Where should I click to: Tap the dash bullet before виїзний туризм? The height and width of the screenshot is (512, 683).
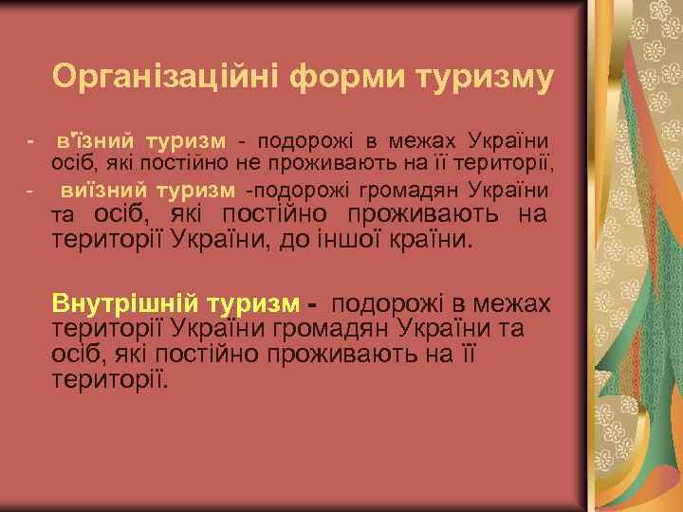[31, 191]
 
